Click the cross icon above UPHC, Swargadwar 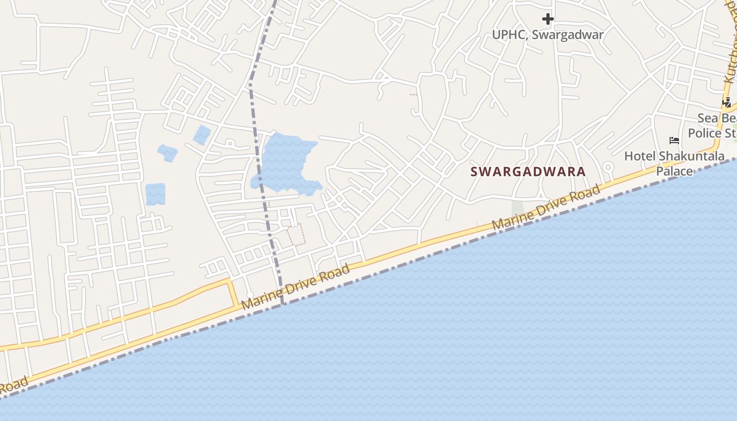548,19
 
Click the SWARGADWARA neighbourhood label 528,172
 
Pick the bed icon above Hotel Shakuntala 674,141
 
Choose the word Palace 674,171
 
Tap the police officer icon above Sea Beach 728,102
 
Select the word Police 704,133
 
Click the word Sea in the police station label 708,117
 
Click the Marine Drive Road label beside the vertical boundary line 296,287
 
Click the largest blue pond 284,163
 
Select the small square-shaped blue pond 155,194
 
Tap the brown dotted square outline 296,235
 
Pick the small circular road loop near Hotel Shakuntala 609,168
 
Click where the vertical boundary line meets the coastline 283,304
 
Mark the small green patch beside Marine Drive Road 518,208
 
